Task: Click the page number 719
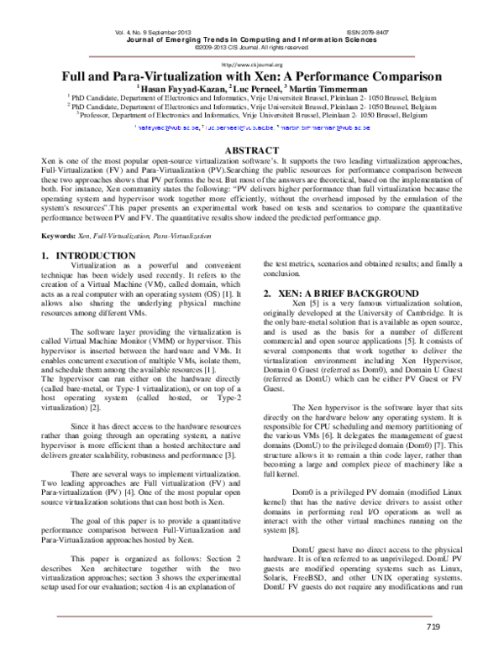(x=433, y=627)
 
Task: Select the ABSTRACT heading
(x=252, y=148)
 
